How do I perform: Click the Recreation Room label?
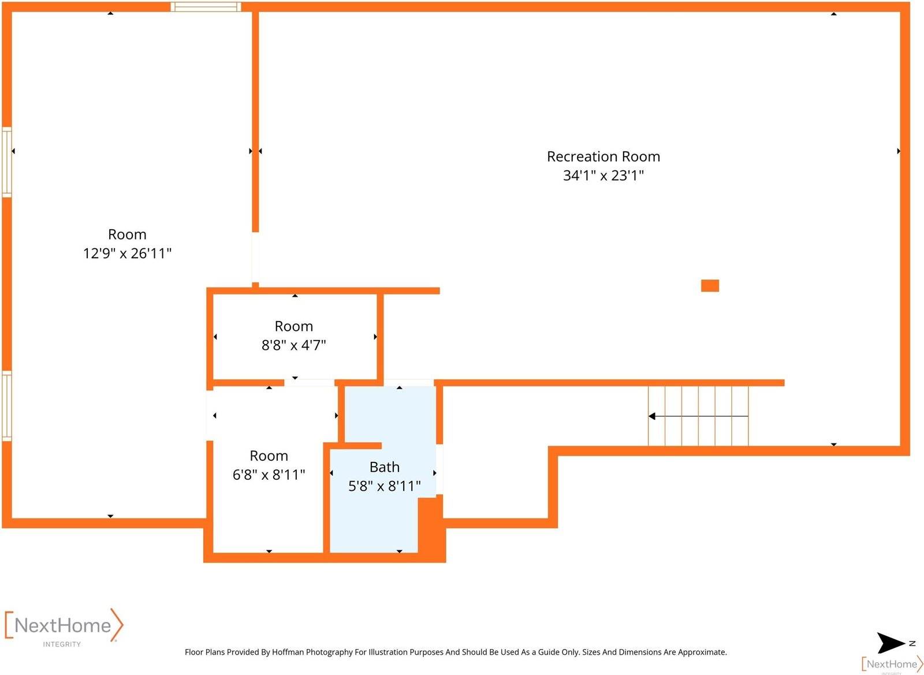(603, 156)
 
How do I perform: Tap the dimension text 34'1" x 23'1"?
(603, 176)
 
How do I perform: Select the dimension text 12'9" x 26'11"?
(127, 253)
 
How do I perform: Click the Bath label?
(384, 467)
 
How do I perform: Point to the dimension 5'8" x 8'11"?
(384, 486)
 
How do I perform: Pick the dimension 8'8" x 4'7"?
(293, 345)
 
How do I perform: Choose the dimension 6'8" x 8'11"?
(269, 475)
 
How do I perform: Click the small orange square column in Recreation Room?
(710, 286)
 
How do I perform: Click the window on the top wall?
(206, 7)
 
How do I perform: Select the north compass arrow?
(891, 643)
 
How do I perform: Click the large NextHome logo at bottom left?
(64, 625)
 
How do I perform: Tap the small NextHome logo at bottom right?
(892, 664)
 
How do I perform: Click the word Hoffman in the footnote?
(288, 652)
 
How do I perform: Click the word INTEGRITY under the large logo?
(62, 644)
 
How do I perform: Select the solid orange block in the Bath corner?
(430, 527)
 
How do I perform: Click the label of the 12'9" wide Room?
(127, 234)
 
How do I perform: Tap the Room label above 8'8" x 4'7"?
(293, 326)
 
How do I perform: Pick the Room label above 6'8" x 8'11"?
(269, 456)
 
